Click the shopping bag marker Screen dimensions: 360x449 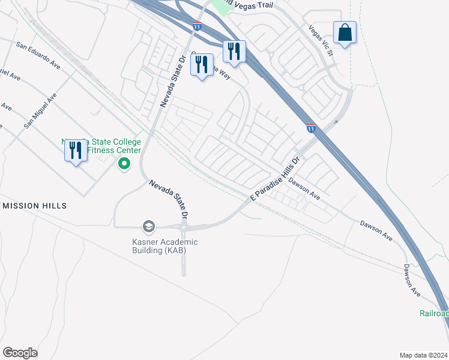[345, 34]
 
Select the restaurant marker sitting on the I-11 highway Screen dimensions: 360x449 [234, 52]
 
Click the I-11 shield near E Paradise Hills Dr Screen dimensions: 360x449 [310, 128]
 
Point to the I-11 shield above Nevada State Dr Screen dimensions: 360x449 [197, 26]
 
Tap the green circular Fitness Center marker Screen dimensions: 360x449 [124, 163]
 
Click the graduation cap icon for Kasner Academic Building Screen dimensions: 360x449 [148, 226]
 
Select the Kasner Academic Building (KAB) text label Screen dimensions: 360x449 [164, 246]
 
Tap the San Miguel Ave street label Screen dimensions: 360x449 [40, 110]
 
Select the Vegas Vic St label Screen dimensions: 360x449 [321, 40]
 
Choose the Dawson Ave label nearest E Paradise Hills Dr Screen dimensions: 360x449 [304, 188]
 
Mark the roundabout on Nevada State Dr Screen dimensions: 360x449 [184, 227]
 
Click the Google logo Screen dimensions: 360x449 [20, 353]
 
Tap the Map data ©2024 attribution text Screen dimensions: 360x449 [423, 355]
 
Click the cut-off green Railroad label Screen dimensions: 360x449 [433, 314]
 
